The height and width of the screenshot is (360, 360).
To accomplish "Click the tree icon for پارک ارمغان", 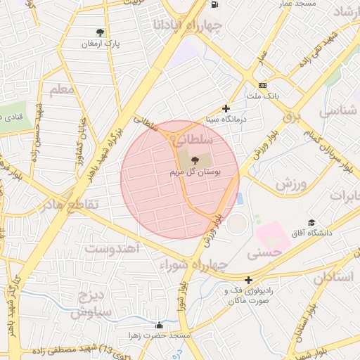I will point(100,32).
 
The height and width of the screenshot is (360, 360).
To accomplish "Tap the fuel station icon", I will point(213,4).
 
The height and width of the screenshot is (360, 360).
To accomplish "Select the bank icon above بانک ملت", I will point(262,84).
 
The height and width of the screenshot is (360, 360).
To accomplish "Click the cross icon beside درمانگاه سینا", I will point(226,108).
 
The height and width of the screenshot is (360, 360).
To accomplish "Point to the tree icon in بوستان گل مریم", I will point(195,161).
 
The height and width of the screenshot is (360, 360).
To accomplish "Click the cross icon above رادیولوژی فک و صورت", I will point(248,280).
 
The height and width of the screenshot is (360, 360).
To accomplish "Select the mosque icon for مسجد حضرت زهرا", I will point(160,325).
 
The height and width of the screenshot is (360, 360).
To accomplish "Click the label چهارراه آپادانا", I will point(187,27).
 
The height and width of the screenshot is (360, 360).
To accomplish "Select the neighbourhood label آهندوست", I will point(112,248).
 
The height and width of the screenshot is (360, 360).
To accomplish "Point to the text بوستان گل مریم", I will point(195,172).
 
